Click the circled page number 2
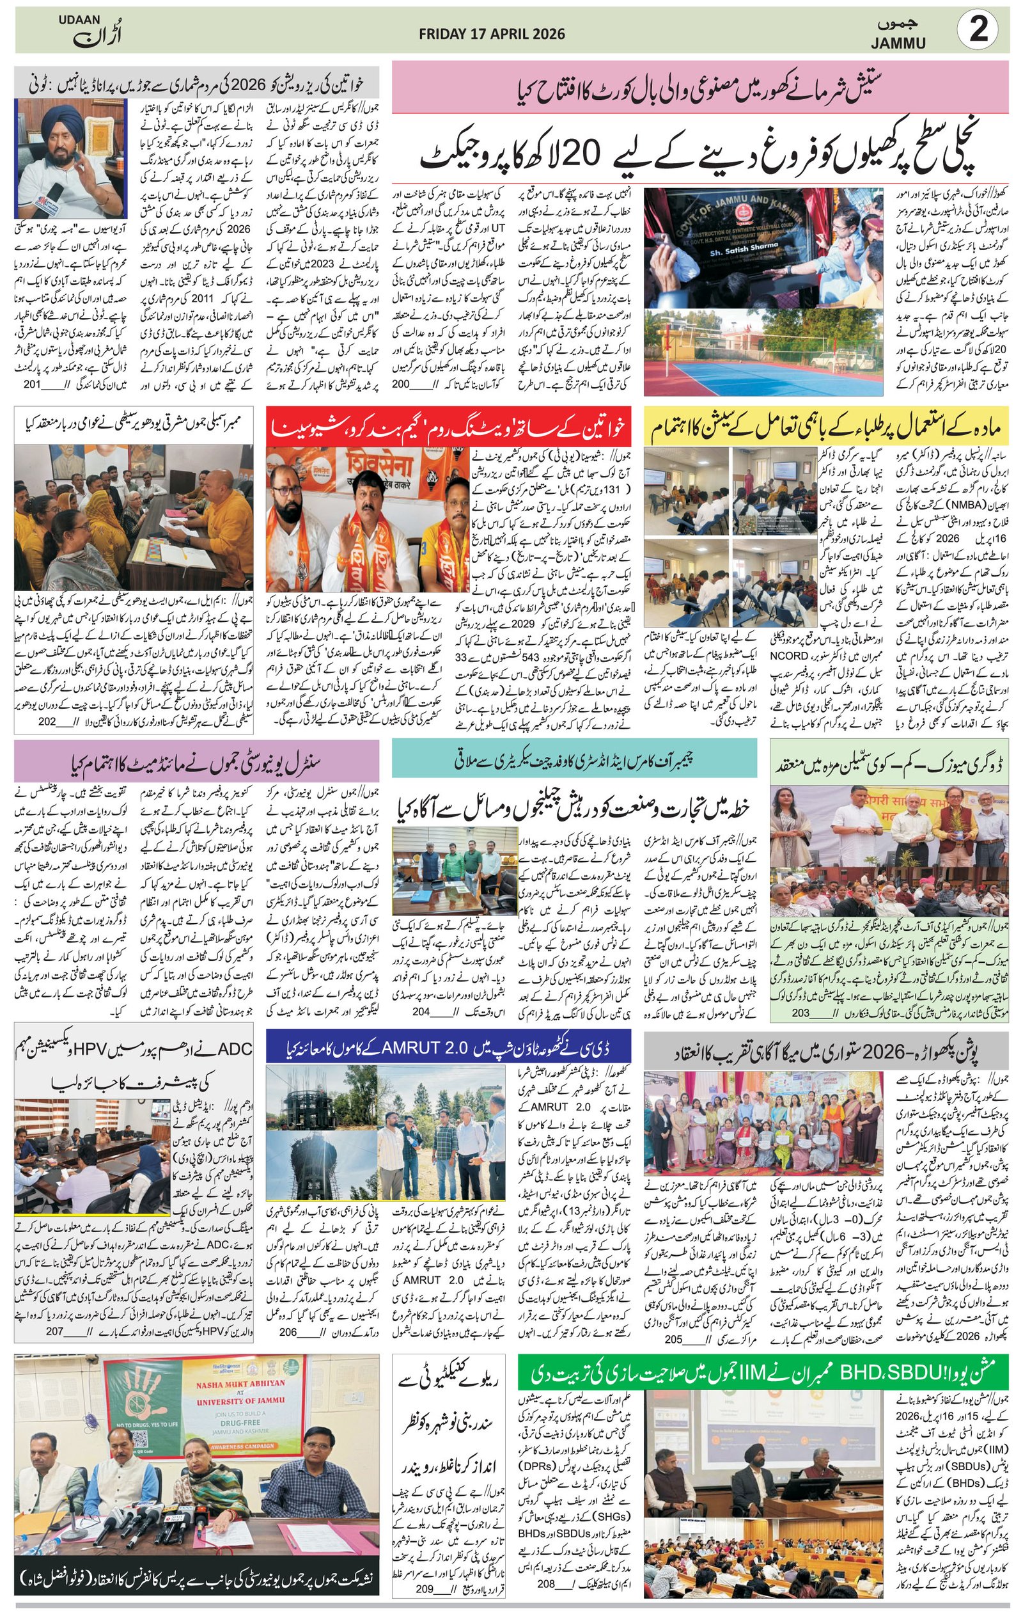(x=979, y=31)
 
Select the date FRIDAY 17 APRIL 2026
(x=492, y=33)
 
